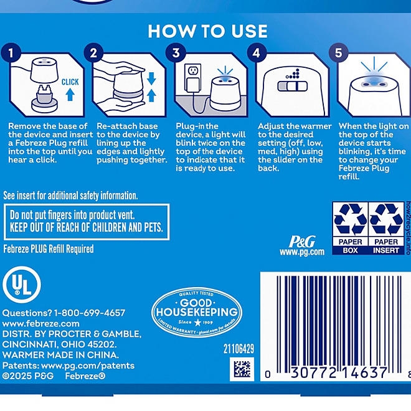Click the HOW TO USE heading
(207, 31)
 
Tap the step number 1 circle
(12, 53)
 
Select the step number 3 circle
(176, 53)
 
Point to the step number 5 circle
(339, 53)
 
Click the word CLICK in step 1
(70, 81)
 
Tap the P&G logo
(302, 241)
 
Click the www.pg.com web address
(302, 252)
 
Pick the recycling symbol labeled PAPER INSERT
(385, 228)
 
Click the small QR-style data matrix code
(242, 369)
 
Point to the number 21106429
(239, 349)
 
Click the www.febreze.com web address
(41, 324)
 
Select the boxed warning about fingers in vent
(87, 222)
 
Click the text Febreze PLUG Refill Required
(49, 249)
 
